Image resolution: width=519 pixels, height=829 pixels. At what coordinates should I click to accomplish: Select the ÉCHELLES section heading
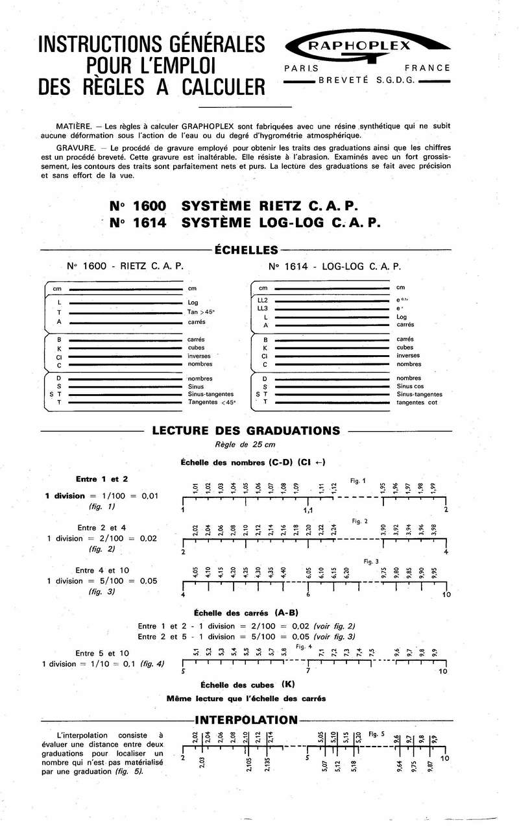[246, 250]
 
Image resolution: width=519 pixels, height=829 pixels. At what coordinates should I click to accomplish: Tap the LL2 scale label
[263, 300]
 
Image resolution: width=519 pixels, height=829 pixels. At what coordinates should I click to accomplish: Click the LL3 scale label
[263, 308]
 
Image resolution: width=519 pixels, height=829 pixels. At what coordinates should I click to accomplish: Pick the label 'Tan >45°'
[201, 312]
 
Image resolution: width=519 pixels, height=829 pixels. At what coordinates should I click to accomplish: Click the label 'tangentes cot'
[417, 403]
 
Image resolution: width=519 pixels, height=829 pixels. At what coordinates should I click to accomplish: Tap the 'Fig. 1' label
[358, 481]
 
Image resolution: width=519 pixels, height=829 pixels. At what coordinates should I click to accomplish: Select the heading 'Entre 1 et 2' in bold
[102, 479]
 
